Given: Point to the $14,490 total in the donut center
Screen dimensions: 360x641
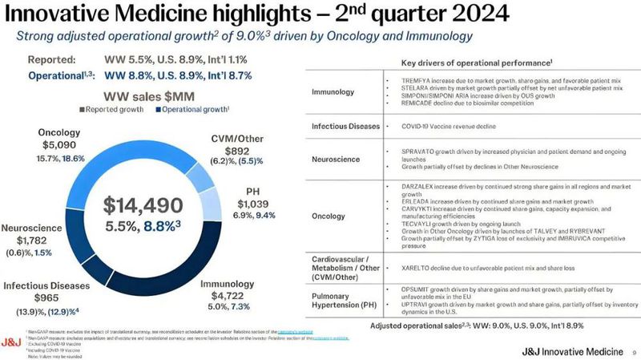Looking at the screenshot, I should [x=149, y=204].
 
